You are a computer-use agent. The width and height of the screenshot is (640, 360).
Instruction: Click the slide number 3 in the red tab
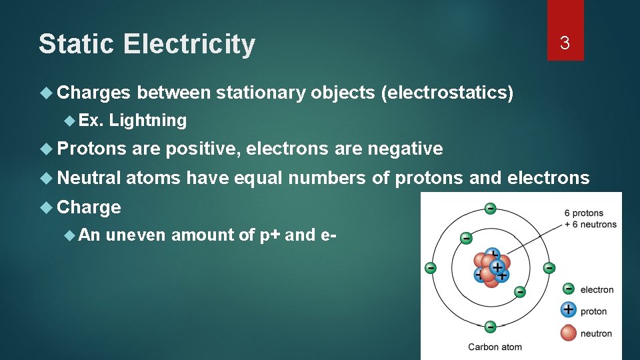[565, 43]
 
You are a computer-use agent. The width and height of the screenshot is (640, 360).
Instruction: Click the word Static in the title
[77, 45]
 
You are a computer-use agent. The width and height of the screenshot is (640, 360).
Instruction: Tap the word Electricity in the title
[189, 45]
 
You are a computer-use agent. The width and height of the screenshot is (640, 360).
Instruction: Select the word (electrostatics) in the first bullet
[447, 93]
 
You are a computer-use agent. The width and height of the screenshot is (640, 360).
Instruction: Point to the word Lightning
[148, 121]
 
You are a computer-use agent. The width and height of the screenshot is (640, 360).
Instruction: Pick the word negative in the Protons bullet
[403, 149]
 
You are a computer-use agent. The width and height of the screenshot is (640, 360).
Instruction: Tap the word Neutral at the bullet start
[89, 178]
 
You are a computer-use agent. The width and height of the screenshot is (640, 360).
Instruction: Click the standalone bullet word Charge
[89, 207]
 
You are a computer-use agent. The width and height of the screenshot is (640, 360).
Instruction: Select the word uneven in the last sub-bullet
[136, 235]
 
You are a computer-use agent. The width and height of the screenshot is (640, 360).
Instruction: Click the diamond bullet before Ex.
[70, 121]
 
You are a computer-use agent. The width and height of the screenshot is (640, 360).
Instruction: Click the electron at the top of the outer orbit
[490, 208]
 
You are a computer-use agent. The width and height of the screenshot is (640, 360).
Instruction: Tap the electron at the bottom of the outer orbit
[490, 327]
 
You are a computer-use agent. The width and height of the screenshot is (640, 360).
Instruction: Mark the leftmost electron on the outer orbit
[431, 268]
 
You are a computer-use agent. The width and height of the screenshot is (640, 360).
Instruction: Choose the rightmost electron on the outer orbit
[549, 268]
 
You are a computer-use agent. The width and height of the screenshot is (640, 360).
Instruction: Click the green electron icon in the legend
[568, 289]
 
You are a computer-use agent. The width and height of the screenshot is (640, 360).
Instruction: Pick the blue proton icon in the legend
[568, 309]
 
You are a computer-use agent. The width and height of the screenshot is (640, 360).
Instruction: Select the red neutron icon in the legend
[568, 331]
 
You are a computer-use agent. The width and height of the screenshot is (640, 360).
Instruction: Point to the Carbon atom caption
[495, 347]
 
